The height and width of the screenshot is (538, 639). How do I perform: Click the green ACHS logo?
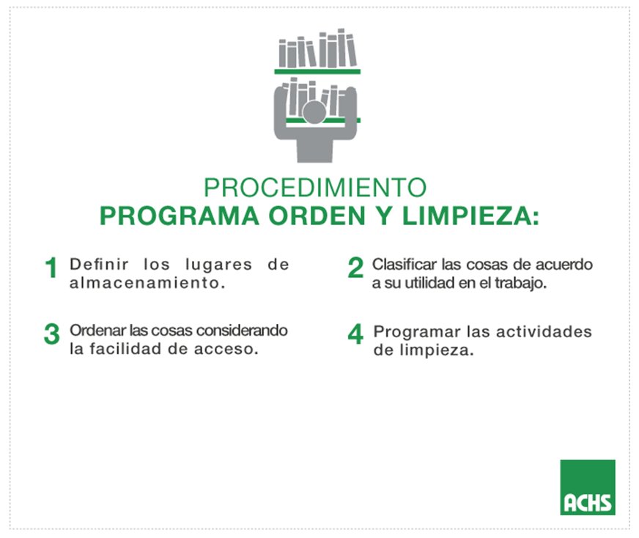coord(587,487)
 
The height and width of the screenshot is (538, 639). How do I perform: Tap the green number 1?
coord(51,269)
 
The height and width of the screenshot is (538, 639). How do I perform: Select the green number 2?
coord(355,268)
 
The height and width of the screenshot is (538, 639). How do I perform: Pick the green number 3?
coord(51,334)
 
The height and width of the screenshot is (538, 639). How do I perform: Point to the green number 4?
coord(355,334)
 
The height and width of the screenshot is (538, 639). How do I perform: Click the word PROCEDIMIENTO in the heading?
coord(315,188)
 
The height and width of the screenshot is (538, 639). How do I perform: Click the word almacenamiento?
coord(142,283)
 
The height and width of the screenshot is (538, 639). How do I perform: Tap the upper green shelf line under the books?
coord(318,71)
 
